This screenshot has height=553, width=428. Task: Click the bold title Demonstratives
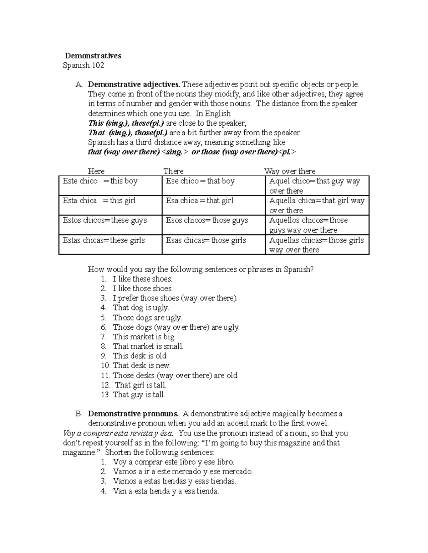(x=93, y=56)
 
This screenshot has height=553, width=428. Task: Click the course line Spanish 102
(x=83, y=66)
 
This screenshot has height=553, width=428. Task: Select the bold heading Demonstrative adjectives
(x=134, y=85)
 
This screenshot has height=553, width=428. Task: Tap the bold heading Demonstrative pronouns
(x=133, y=414)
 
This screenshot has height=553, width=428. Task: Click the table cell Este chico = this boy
(x=100, y=181)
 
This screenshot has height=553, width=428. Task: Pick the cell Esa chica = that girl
(x=199, y=201)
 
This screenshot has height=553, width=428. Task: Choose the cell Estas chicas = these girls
(x=104, y=240)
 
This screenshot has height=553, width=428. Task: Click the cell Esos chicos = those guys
(x=207, y=220)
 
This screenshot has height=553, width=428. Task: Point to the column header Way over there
(x=290, y=171)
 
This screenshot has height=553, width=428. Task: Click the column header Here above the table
(x=96, y=171)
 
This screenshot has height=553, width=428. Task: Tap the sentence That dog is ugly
(x=141, y=308)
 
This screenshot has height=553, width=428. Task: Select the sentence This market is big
(x=144, y=337)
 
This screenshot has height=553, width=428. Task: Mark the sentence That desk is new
(x=142, y=366)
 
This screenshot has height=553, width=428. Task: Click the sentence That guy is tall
(x=139, y=395)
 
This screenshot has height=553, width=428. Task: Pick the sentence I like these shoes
(x=142, y=279)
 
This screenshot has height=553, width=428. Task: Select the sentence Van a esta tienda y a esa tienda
(x=166, y=491)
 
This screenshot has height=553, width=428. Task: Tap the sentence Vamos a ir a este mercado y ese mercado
(x=183, y=472)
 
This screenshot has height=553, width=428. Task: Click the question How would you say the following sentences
(x=200, y=270)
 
